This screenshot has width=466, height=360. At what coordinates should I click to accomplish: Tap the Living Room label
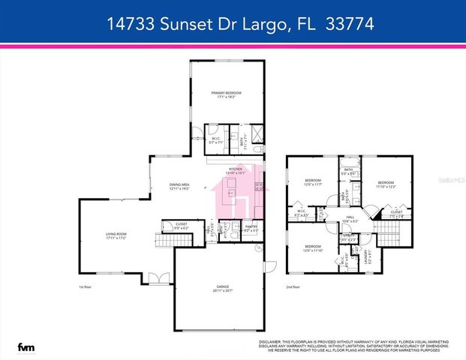(116, 237)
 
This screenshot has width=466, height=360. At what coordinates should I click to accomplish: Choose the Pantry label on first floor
(251, 228)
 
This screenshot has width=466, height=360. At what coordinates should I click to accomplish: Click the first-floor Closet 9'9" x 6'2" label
(181, 226)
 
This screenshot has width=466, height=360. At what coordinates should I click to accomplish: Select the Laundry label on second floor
(365, 257)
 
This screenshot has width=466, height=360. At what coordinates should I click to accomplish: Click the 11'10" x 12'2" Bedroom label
(386, 184)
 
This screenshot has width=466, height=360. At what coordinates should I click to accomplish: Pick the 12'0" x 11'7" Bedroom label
(312, 182)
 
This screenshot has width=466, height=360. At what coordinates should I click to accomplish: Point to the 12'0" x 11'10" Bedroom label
(312, 248)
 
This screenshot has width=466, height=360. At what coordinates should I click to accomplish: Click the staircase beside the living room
(164, 241)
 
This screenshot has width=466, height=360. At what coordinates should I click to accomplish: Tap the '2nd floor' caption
(293, 287)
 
